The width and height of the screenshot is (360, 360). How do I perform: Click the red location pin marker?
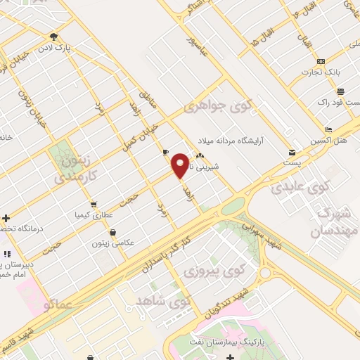click(181, 165)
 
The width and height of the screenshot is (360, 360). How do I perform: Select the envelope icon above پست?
click(291, 153)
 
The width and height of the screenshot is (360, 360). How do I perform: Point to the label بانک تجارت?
click(321, 72)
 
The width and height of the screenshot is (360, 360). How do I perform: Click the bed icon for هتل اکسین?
click(328, 130)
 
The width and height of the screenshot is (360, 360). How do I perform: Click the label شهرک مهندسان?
click(337, 221)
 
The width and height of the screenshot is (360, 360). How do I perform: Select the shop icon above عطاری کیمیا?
click(94, 205)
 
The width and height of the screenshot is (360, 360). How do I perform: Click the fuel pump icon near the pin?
click(165, 152)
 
